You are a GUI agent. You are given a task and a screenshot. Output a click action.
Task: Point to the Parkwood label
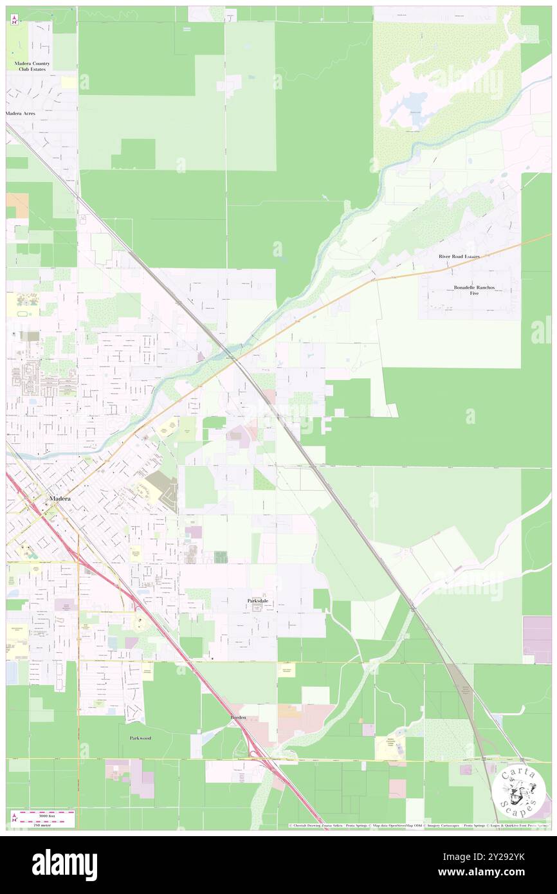[x=140, y=738]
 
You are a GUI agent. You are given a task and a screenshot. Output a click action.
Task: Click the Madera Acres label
[x=21, y=113]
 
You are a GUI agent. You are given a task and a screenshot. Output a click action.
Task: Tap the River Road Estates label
[x=459, y=256]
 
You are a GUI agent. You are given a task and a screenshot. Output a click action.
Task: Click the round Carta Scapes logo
[x=520, y=792]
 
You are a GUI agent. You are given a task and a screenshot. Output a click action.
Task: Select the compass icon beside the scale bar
[x=15, y=818]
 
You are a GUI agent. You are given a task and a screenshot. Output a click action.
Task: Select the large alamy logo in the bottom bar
[x=65, y=864]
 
